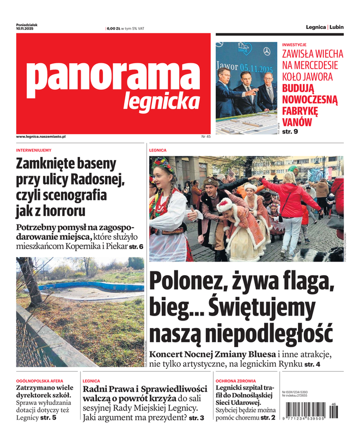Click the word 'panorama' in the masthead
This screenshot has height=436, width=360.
[113, 78]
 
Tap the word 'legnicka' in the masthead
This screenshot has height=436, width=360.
[161, 101]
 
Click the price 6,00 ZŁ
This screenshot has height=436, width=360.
[113, 28]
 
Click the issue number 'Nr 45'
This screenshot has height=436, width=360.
[206, 136]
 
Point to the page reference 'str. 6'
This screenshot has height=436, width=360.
[136, 247]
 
